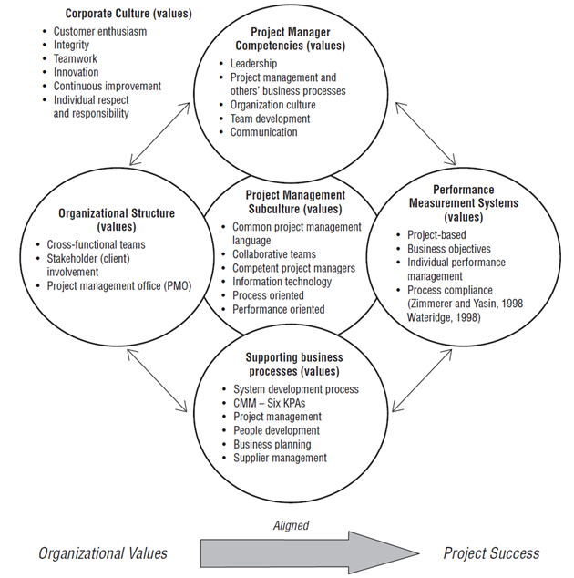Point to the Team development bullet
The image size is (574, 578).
coord(270,119)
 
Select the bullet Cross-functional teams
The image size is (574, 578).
coord(96,244)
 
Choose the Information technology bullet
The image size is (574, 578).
coord(282,282)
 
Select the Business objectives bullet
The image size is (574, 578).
coord(448,249)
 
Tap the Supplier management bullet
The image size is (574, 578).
coord(280,458)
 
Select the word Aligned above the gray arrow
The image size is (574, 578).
coord(291,525)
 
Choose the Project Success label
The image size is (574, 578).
coord(491,552)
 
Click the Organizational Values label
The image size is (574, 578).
coord(103,552)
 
